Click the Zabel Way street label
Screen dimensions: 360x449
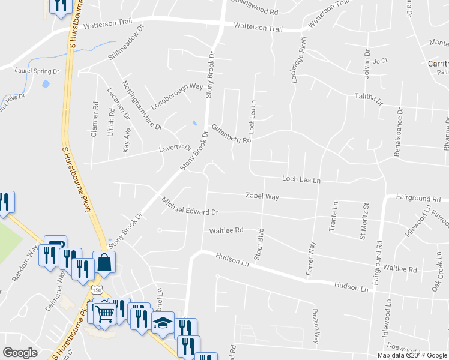pyautogui.click(x=262, y=196)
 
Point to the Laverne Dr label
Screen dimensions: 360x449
pyautogui.click(x=175, y=148)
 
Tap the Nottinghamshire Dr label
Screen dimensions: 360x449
pyautogui.click(x=142, y=106)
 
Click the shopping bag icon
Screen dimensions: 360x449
pyautogui.click(x=104, y=262)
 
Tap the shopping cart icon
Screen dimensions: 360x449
pyautogui.click(x=104, y=313)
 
